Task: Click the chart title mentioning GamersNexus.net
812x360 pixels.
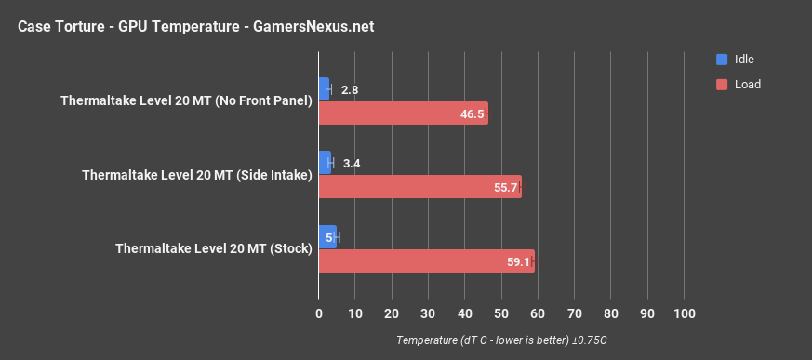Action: click(195, 26)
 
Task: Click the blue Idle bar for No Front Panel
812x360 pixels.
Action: click(324, 89)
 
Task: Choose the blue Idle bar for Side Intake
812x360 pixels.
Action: click(325, 163)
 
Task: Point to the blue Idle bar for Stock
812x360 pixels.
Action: click(327, 237)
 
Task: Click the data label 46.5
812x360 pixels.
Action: click(473, 114)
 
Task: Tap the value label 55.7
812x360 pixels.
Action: click(506, 188)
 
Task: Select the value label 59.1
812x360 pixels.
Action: click(518, 262)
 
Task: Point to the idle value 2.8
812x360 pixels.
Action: click(350, 90)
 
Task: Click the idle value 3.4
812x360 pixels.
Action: click(352, 164)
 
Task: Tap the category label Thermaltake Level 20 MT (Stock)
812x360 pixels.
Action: click(213, 249)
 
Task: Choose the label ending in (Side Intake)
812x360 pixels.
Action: click(196, 175)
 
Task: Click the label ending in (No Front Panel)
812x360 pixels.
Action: click(186, 101)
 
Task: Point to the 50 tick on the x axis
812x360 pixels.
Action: click(501, 313)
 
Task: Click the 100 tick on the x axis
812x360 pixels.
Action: click(684, 313)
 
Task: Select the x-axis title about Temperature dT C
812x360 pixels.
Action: click(501, 340)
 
